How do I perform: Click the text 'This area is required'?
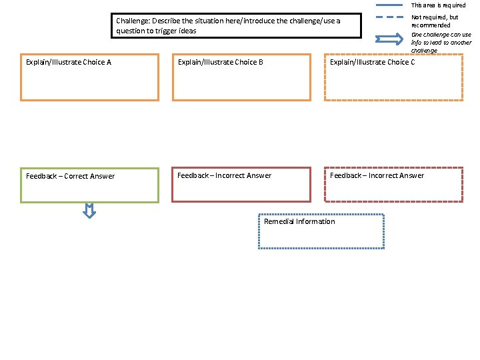coord(438,5)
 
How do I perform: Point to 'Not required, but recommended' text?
coord(435,21)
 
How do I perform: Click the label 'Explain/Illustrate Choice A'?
coord(68,63)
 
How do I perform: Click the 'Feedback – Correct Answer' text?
coord(70,177)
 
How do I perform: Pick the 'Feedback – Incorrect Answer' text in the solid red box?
coord(224,176)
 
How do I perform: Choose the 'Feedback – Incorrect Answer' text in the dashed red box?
coord(377,176)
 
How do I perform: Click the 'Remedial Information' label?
coord(299,222)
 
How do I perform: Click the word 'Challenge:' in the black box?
coord(133,21)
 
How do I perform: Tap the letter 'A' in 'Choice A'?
coord(109,63)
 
